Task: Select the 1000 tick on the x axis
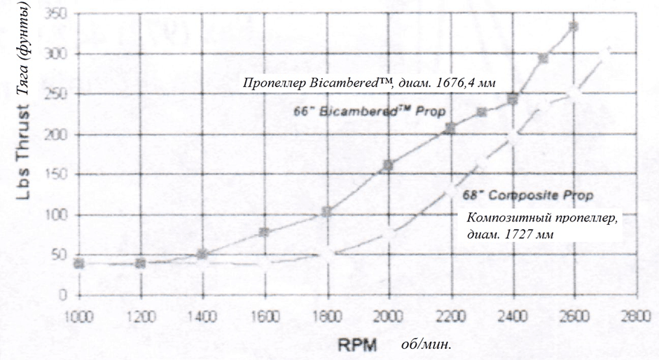(x=78, y=314)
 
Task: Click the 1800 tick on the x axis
(x=326, y=314)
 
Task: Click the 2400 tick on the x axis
(x=512, y=314)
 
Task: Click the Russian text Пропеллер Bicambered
(x=370, y=83)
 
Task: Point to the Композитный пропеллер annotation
(x=542, y=226)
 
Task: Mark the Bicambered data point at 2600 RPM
(x=574, y=27)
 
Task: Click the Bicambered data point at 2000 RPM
(x=389, y=165)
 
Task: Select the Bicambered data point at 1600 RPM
(x=265, y=232)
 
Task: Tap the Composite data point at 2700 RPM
(x=604, y=53)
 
